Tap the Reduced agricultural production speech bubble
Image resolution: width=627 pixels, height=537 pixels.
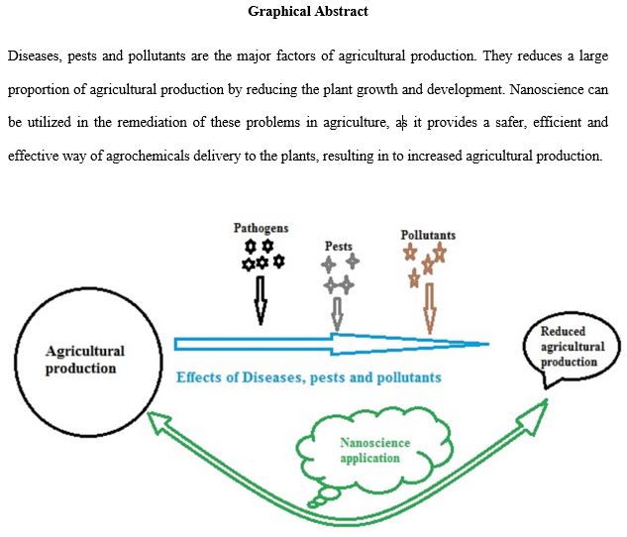pyautogui.click(x=569, y=348)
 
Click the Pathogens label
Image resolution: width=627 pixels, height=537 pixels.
pyautogui.click(x=261, y=227)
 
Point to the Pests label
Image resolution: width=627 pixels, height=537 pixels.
pyautogui.click(x=338, y=246)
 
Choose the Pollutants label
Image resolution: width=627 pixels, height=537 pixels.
pyautogui.click(x=428, y=235)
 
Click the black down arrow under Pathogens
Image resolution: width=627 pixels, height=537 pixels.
pyautogui.click(x=261, y=299)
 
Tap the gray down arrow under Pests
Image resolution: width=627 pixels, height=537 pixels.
pyautogui.click(x=338, y=313)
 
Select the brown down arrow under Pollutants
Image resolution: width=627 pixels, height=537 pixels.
pyautogui.click(x=429, y=308)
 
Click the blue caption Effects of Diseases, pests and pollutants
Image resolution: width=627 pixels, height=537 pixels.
pyautogui.click(x=308, y=377)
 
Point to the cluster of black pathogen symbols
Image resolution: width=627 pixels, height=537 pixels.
pyautogui.click(x=262, y=254)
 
